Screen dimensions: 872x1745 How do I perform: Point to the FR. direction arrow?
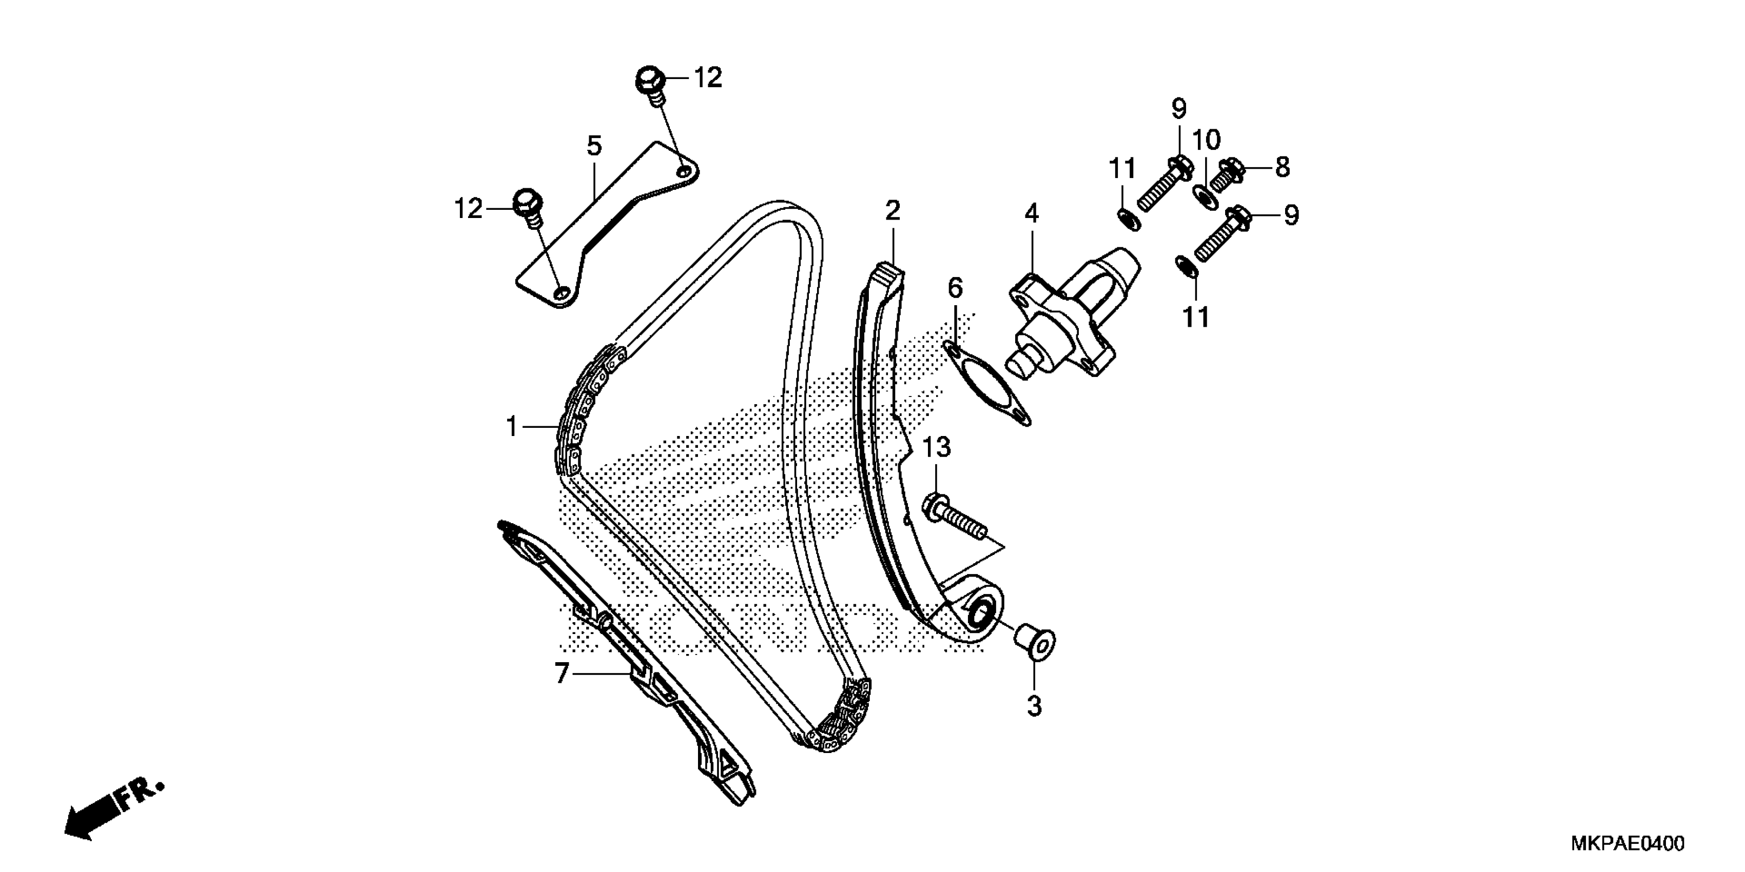pyautogui.click(x=112, y=813)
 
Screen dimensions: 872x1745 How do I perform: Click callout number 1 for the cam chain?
pyautogui.click(x=512, y=427)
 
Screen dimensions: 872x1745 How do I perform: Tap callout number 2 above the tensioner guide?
pyautogui.click(x=893, y=211)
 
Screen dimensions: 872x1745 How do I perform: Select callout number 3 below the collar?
pyautogui.click(x=1034, y=706)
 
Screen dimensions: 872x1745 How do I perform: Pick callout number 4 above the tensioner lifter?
pyautogui.click(x=1031, y=214)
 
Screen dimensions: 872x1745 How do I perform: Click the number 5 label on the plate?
pyautogui.click(x=594, y=146)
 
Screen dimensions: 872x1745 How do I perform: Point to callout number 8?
pyautogui.click(x=1283, y=167)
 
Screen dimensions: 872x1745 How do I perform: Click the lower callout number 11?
pyautogui.click(x=1196, y=317)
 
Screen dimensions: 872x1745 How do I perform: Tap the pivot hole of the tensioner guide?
pyautogui.click(x=980, y=615)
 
